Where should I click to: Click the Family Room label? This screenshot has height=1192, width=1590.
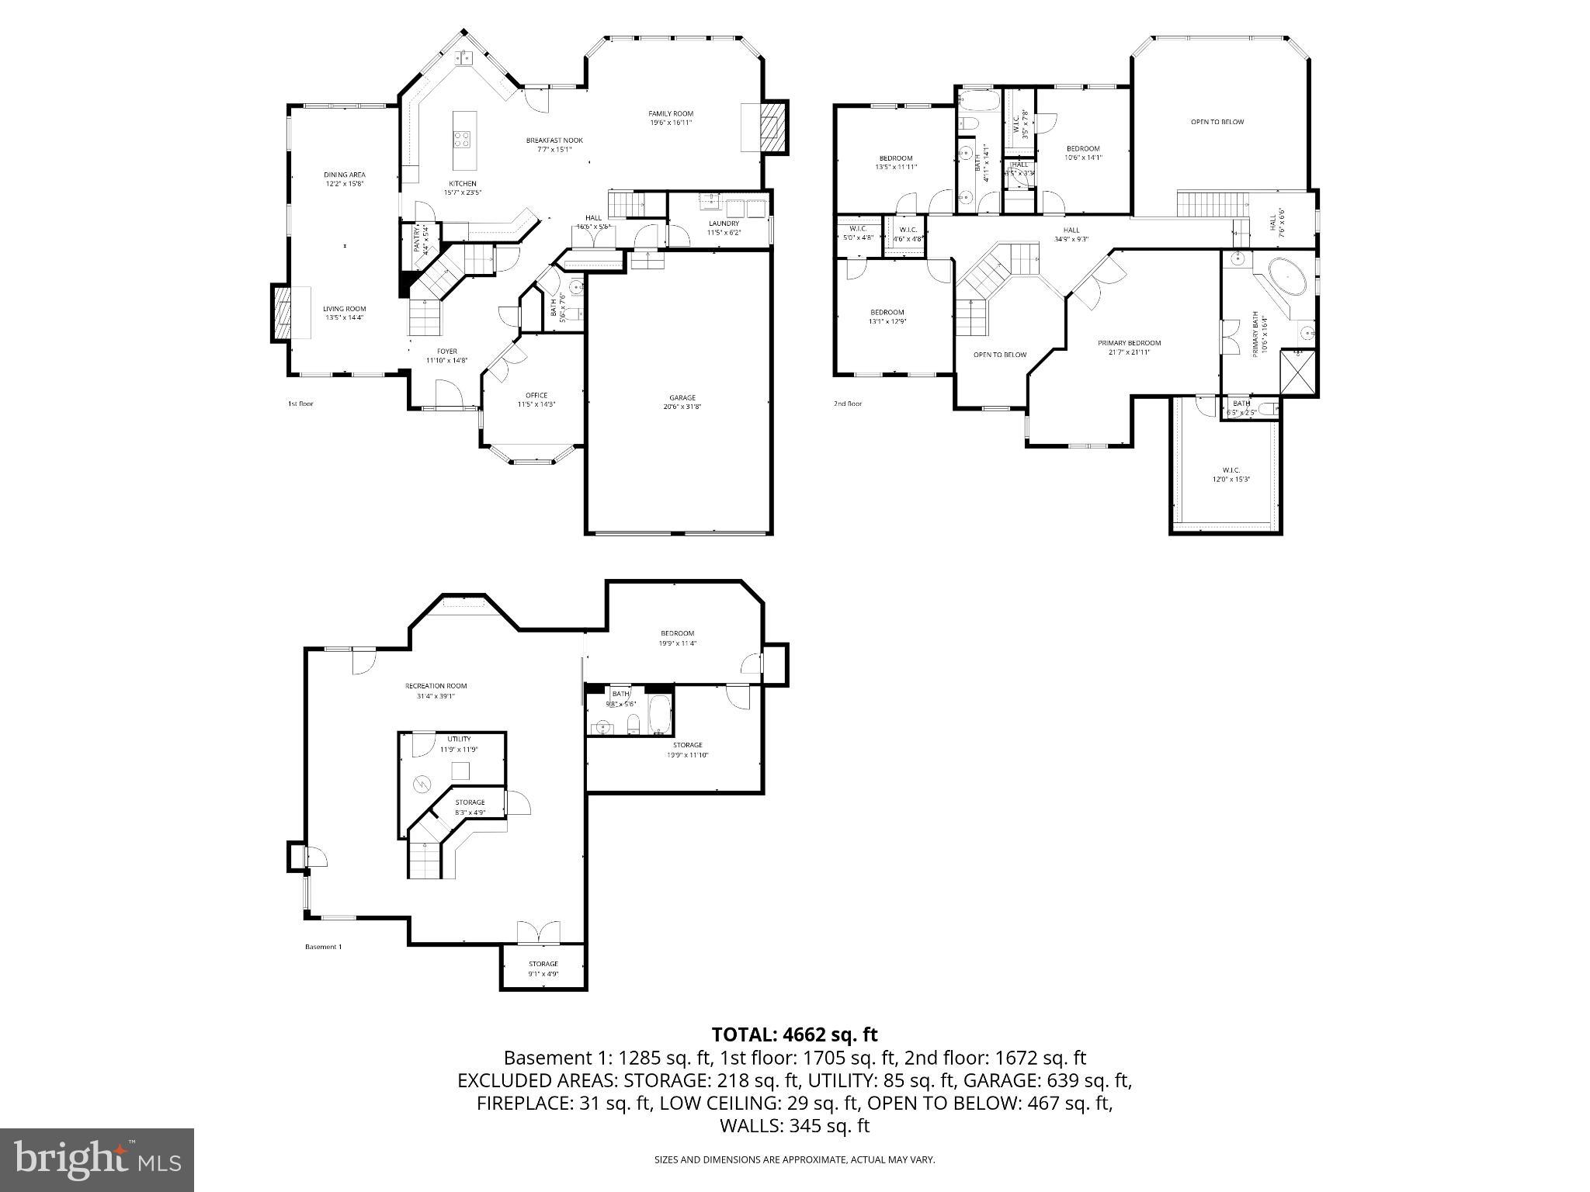coord(671,118)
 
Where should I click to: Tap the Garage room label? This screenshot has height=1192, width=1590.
coord(682,402)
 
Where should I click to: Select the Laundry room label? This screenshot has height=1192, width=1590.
coord(724,227)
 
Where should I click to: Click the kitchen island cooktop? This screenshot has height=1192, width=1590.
coord(462,140)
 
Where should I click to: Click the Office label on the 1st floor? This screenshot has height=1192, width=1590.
coord(536,400)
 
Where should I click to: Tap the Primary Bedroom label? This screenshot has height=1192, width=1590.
coord(1129,347)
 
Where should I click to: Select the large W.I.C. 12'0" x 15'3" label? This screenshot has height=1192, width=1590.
coord(1231,474)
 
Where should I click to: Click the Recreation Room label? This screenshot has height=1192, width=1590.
coord(436,691)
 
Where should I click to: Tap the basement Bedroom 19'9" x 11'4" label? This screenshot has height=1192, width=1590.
coord(677,638)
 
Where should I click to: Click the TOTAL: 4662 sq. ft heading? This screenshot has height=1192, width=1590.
coord(794,1034)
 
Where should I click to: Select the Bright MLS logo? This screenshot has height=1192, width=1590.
coord(97,1160)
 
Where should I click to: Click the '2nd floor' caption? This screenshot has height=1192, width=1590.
coord(848,404)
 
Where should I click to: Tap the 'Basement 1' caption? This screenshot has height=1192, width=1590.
coord(323,947)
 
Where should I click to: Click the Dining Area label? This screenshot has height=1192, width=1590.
coord(345,179)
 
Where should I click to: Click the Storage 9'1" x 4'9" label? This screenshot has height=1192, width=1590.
coord(543,968)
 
